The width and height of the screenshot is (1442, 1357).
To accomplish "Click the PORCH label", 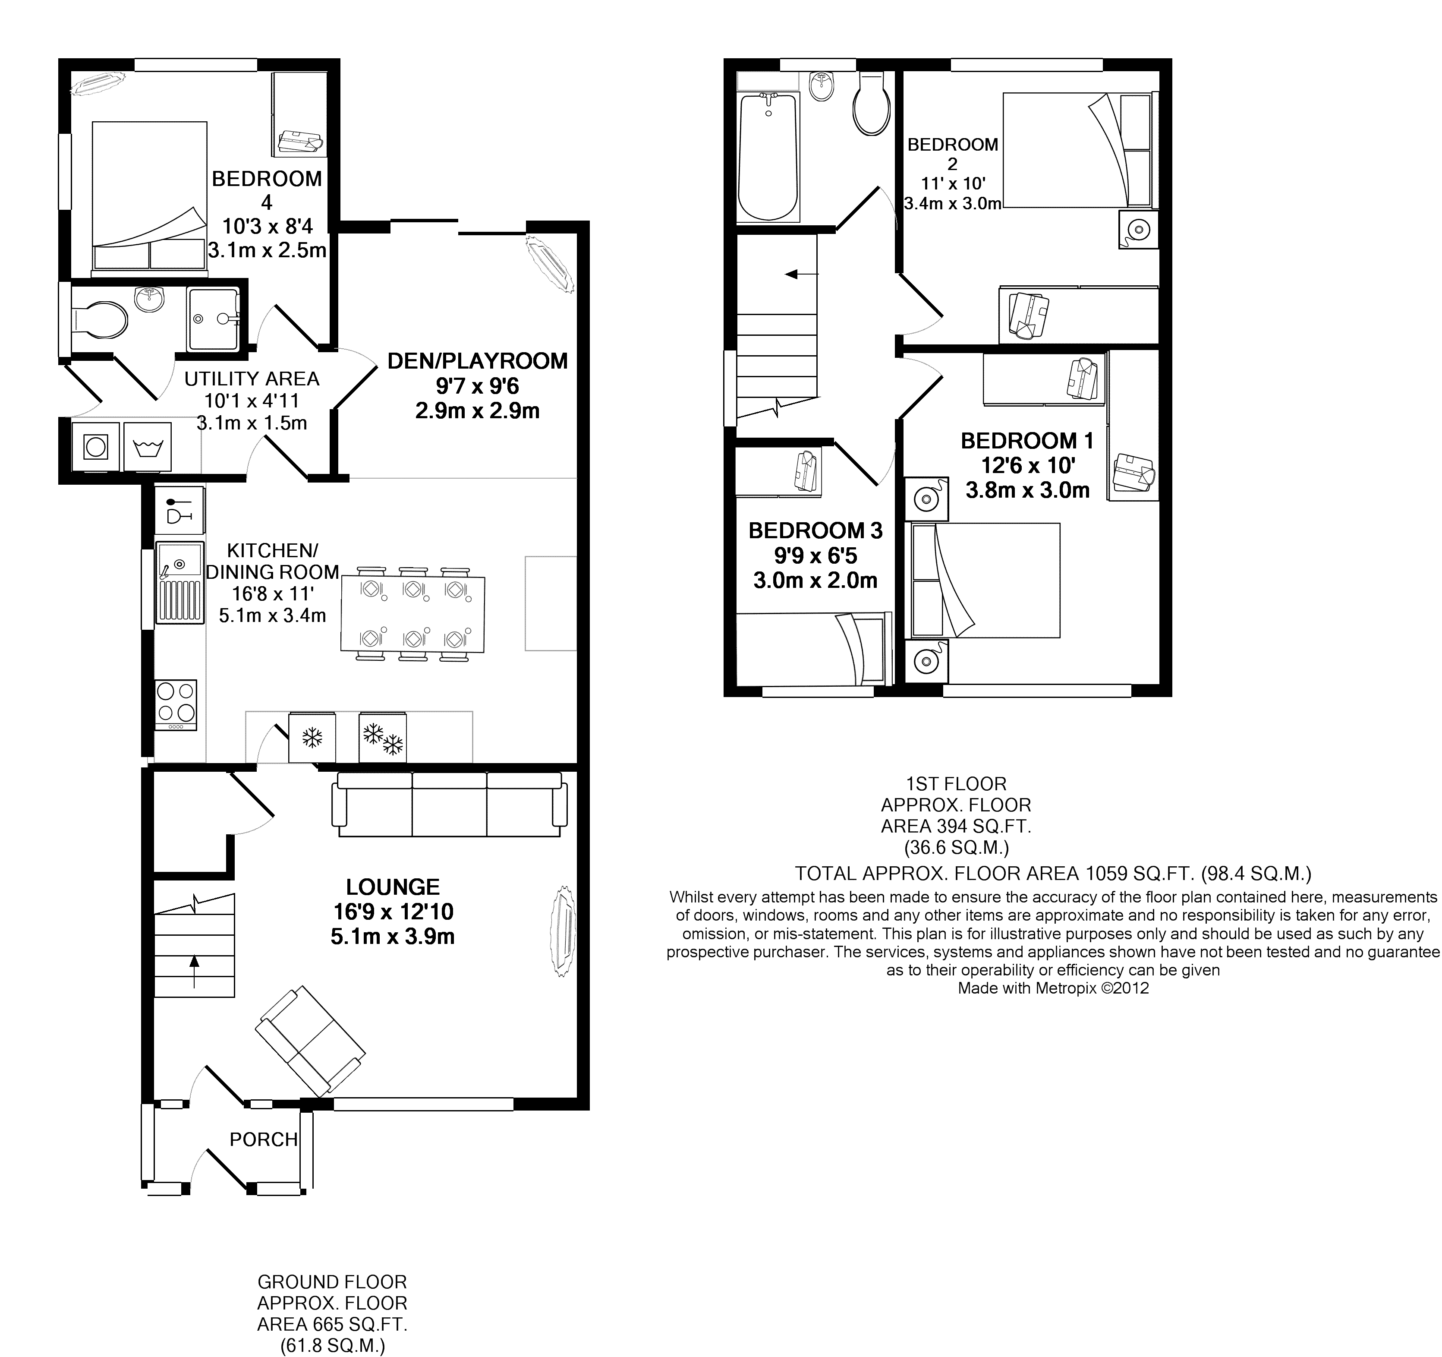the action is click(x=263, y=1140).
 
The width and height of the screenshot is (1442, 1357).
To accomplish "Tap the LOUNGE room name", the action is click(x=392, y=887).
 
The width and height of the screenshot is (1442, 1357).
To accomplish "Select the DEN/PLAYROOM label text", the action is click(x=477, y=361).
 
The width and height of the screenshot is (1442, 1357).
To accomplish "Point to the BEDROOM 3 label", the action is click(x=815, y=530).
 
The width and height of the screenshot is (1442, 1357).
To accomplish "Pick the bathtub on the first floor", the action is click(x=768, y=156).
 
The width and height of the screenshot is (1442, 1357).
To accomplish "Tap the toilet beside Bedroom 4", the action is click(x=99, y=320).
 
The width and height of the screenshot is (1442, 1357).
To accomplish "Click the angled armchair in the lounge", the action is click(x=310, y=1041).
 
